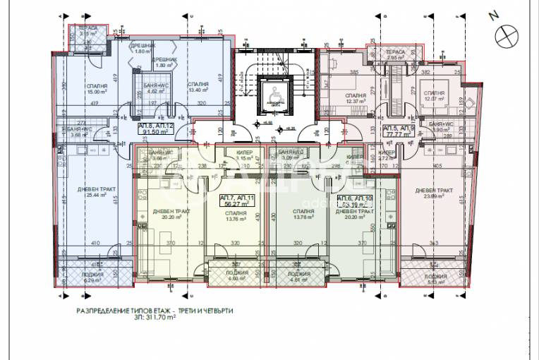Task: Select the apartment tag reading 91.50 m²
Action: [155, 128]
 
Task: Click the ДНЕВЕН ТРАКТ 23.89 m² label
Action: [433, 193]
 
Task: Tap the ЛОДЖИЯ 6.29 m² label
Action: [93, 277]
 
